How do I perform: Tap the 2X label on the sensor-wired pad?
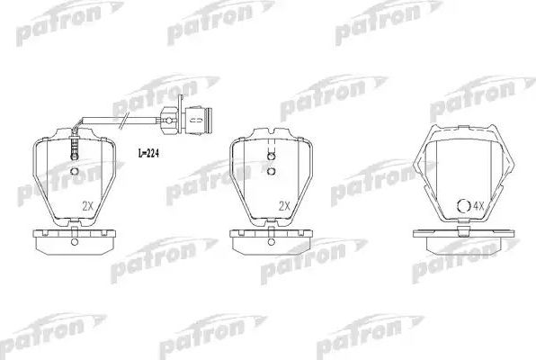87,206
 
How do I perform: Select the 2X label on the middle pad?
285,206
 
